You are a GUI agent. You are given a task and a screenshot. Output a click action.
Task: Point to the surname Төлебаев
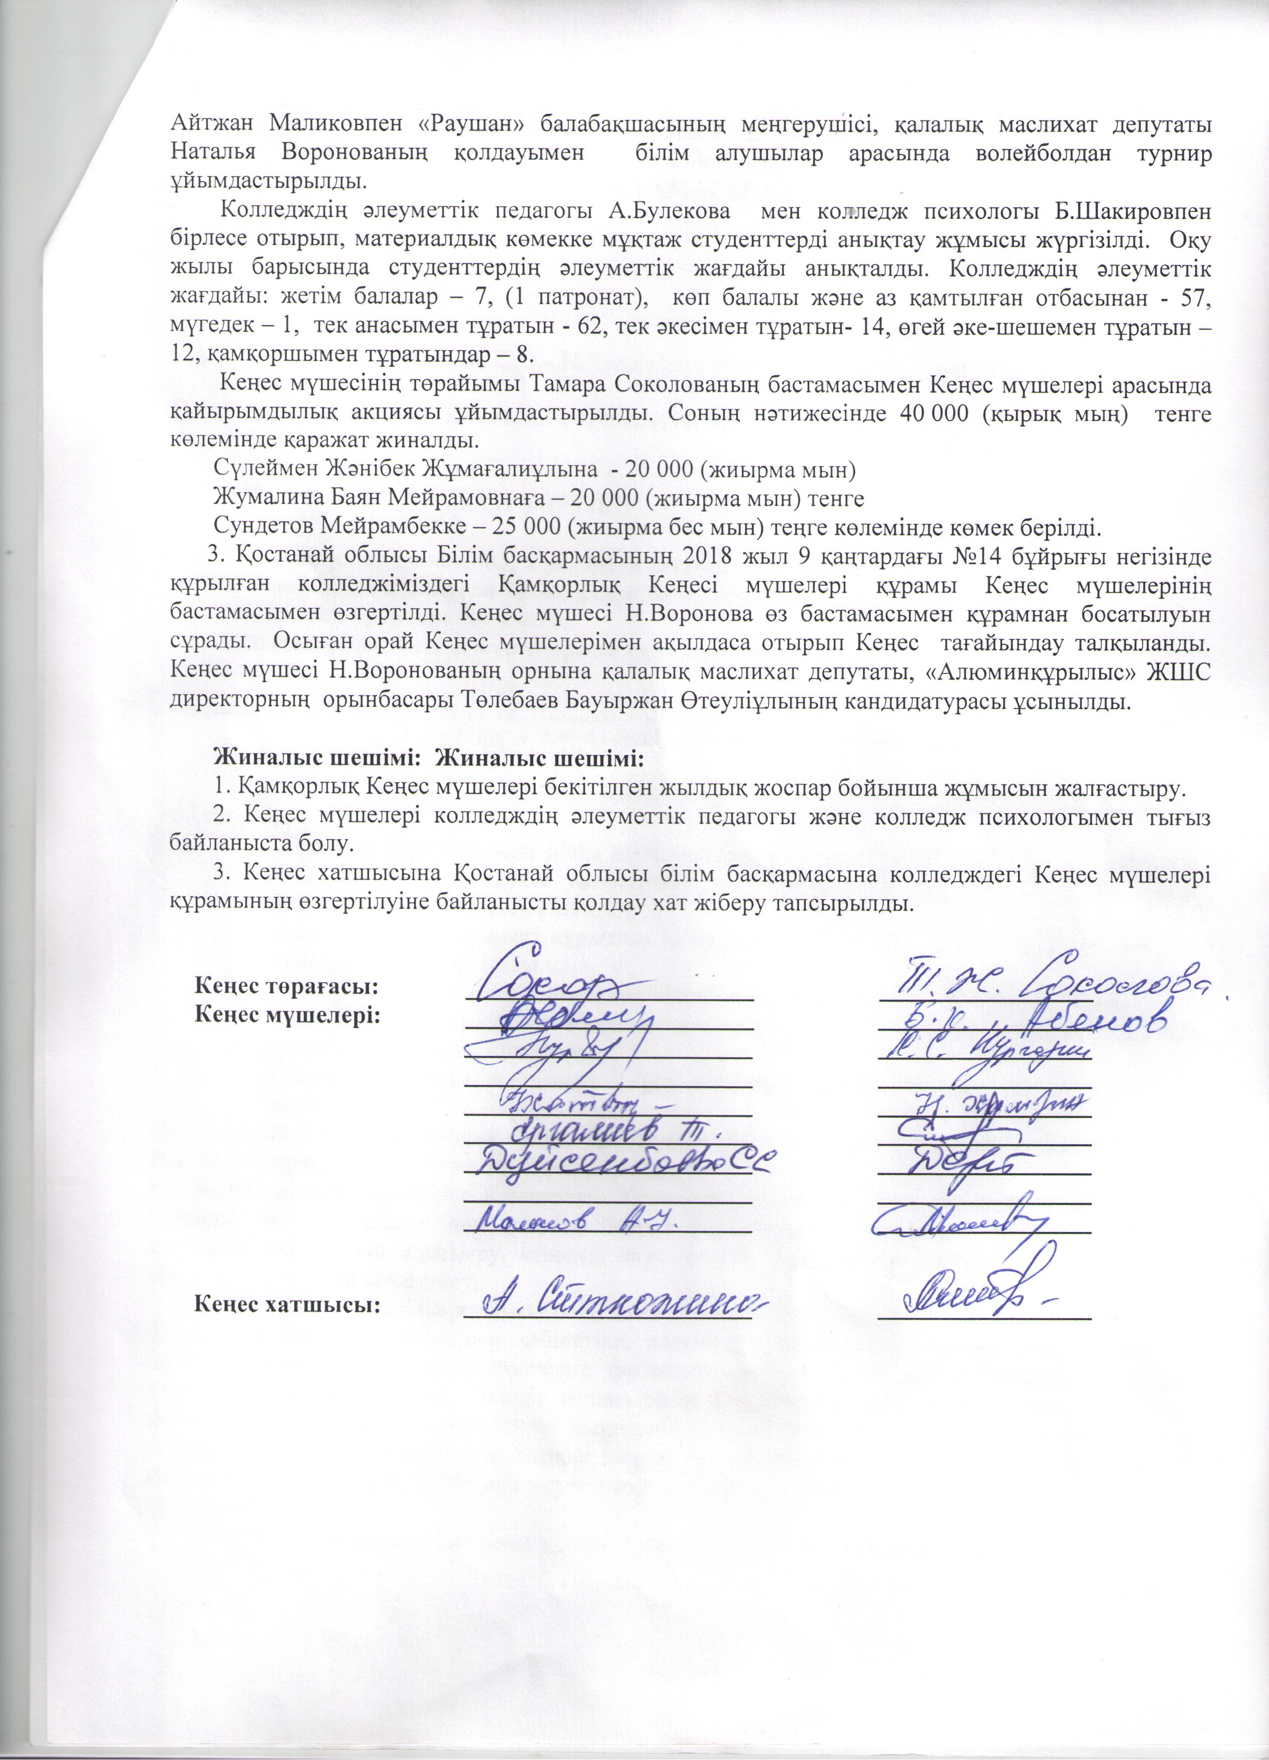click(519, 702)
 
